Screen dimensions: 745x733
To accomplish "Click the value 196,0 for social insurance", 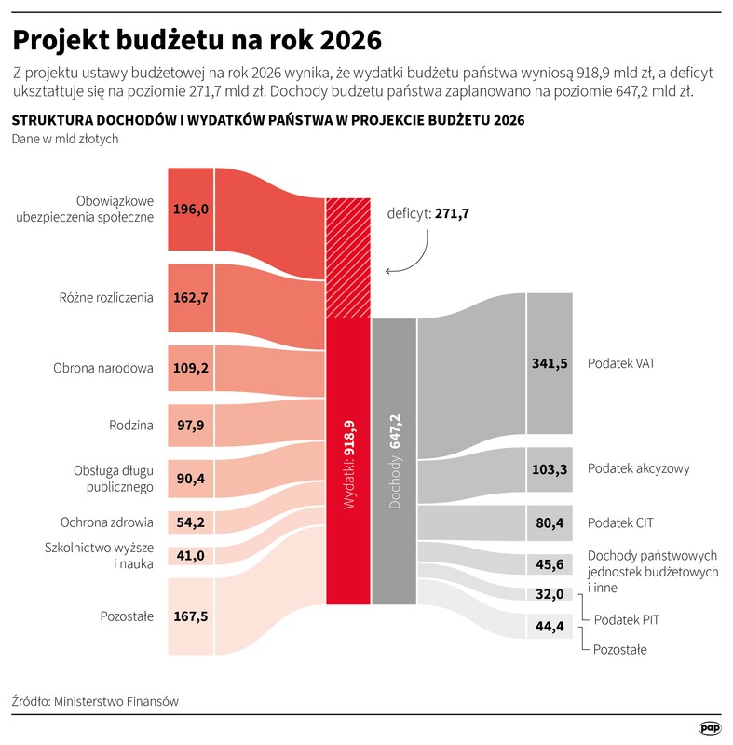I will point(191,209).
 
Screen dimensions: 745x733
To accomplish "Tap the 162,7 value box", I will point(191,298).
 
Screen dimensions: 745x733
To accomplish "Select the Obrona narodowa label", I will point(103,368).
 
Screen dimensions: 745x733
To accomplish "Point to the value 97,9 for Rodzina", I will point(191,426).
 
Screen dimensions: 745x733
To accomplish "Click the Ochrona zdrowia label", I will point(107,522).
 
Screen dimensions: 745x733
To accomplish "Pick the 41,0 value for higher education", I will point(191,556).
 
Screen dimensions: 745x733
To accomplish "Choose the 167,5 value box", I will point(191,616).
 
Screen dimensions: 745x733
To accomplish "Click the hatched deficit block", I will point(348,258).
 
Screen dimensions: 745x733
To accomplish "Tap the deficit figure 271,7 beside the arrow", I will point(452,213).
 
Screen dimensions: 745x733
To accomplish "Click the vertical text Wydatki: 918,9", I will point(349,464).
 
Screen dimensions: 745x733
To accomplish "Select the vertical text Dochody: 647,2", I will point(394,464).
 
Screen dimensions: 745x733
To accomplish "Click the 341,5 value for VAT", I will point(550,363).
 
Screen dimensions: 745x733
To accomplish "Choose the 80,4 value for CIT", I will point(550,523).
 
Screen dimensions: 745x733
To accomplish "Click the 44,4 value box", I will point(550,626).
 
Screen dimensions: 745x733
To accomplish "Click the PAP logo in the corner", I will point(710,725).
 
